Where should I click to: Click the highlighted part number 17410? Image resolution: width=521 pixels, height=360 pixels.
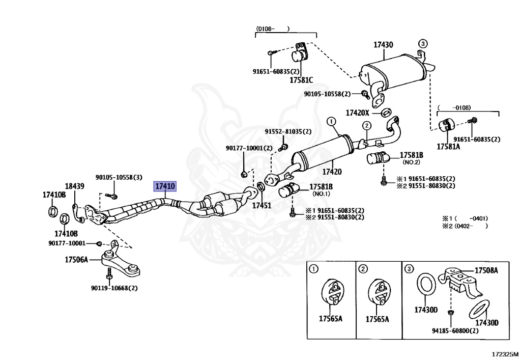pyautogui.click(x=165, y=187)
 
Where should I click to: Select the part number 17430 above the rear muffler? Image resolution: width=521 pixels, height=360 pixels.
pyautogui.click(x=383, y=45)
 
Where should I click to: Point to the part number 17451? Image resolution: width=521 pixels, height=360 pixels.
pyautogui.click(x=262, y=206)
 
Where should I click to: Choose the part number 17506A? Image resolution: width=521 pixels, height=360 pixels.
pyautogui.click(x=76, y=260)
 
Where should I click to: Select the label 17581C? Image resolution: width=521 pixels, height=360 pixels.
pyautogui.click(x=301, y=80)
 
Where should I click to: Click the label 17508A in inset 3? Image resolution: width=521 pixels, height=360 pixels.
pyautogui.click(x=486, y=271)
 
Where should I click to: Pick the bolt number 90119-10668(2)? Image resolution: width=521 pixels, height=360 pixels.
pyautogui.click(x=114, y=288)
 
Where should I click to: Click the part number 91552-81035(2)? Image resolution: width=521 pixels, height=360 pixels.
pyautogui.click(x=286, y=131)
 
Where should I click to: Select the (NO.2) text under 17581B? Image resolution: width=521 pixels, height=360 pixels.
pyautogui.click(x=411, y=162)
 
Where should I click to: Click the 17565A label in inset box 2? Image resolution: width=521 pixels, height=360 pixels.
pyautogui.click(x=378, y=319)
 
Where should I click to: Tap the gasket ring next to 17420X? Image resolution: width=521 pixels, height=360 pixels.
pyautogui.click(x=386, y=112)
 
